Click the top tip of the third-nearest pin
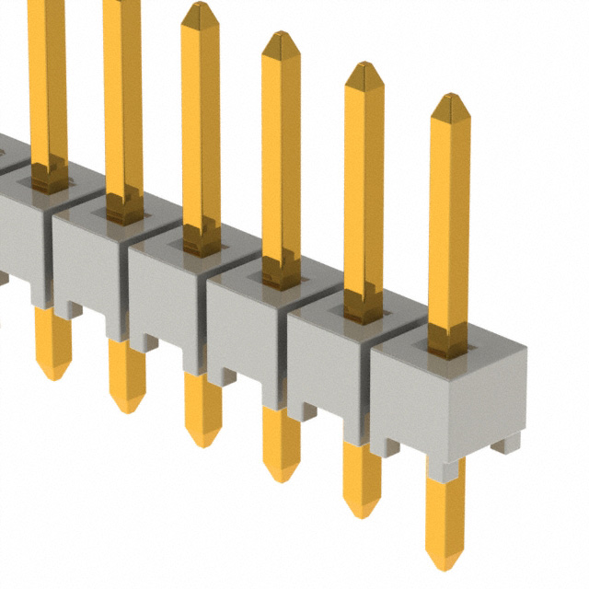coord(280,38)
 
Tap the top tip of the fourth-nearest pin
coord(200,8)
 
